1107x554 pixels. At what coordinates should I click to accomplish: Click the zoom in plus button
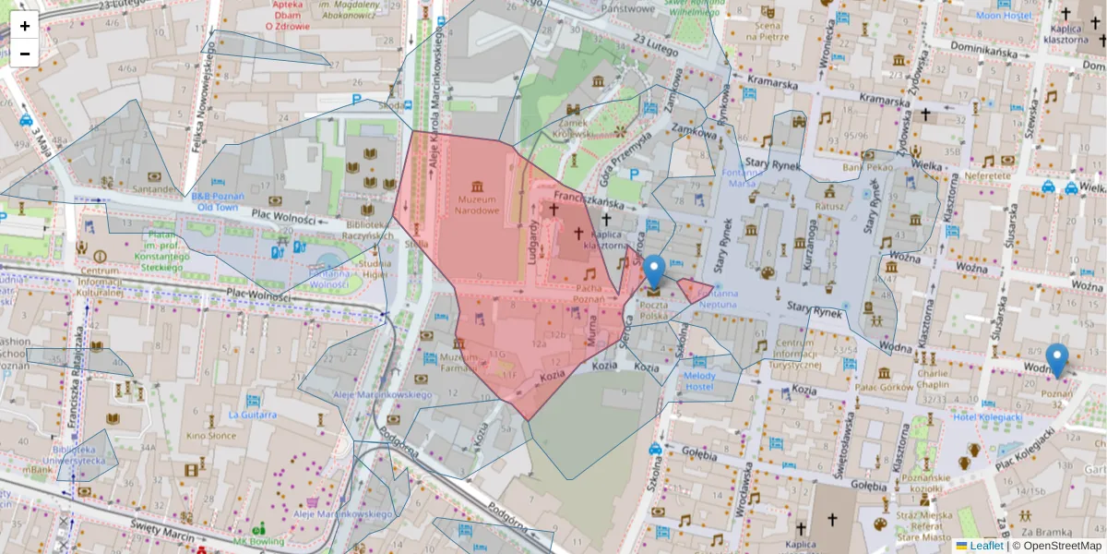[x=25, y=26]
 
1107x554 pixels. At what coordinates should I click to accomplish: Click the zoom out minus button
[x=25, y=54]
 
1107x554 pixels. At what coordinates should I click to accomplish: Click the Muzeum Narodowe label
[x=476, y=204]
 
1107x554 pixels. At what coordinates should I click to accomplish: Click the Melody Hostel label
[x=699, y=380]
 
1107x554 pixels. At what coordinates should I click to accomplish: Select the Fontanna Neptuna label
[x=712, y=298]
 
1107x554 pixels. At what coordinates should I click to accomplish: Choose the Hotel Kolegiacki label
[x=988, y=417]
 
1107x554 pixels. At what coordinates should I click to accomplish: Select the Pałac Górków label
[x=884, y=388]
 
